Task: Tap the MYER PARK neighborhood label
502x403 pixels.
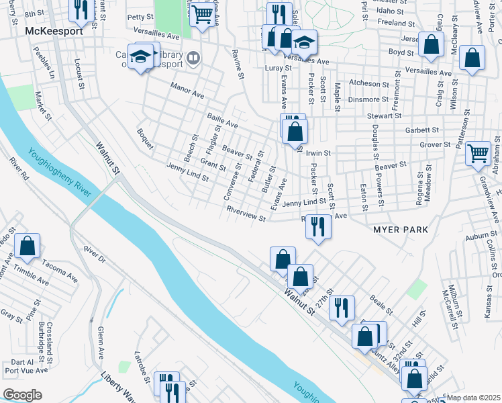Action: coord(400,230)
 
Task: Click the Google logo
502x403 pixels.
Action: coord(22,395)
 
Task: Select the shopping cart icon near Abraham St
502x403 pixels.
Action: coord(478,153)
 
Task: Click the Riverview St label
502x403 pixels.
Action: coord(246,214)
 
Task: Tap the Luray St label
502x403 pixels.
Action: coord(278,68)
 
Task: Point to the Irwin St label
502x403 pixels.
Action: coord(319,152)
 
